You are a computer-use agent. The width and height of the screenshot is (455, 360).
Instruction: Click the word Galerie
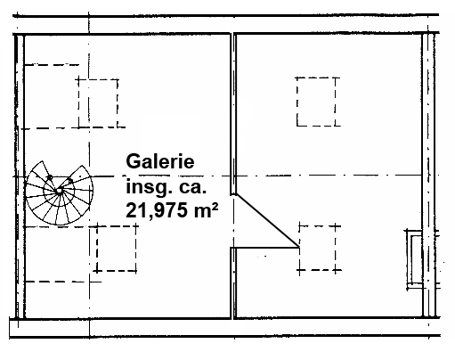(160, 161)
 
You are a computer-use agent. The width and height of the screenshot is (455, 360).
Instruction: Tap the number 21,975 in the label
(157, 210)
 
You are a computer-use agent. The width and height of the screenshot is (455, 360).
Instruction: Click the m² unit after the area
(207, 209)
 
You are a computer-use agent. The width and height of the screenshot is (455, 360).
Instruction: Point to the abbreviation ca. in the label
(192, 188)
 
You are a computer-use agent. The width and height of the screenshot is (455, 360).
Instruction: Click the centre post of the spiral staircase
(60, 191)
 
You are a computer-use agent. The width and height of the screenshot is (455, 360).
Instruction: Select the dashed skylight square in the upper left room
(98, 103)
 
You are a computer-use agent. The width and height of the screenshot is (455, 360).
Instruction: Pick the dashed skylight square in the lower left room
(117, 249)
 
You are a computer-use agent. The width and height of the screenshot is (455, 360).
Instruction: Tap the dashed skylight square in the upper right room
(316, 102)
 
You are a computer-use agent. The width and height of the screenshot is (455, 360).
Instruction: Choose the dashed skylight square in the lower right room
(318, 248)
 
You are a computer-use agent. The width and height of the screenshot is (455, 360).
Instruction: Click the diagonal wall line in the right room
(267, 220)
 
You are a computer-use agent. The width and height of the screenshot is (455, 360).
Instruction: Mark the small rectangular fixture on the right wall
(414, 259)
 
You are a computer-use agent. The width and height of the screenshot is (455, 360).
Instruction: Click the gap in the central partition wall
(233, 221)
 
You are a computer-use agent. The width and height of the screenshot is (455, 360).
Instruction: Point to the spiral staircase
(59, 192)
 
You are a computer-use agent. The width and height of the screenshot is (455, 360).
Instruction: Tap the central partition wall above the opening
(233, 114)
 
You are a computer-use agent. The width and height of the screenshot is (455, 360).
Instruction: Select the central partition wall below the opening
(233, 283)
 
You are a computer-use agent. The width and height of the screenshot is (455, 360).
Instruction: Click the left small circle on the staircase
(50, 177)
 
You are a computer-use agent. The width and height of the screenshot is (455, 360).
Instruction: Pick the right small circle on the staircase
(70, 181)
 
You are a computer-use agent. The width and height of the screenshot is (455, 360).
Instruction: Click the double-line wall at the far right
(429, 176)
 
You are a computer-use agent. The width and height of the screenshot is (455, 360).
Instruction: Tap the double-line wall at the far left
(20, 176)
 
